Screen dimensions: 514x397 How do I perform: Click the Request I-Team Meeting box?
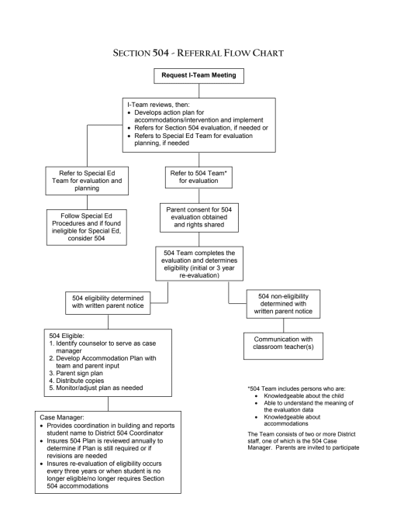pos(200,75)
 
